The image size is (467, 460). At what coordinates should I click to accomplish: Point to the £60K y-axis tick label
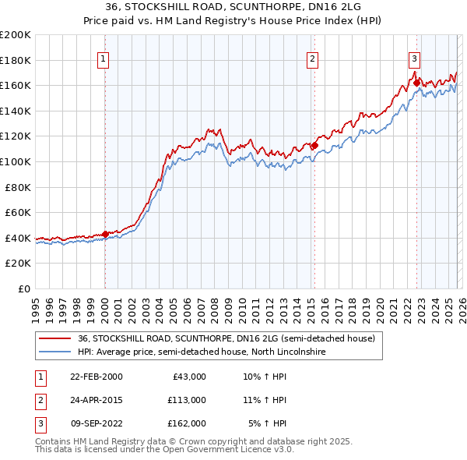click(18, 212)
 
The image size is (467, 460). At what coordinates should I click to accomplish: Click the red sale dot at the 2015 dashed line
click(314, 145)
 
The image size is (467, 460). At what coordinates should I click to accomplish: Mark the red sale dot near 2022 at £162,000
click(416, 83)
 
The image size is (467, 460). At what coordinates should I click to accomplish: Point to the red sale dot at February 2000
click(105, 234)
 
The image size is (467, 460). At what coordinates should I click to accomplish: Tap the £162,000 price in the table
click(187, 423)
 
